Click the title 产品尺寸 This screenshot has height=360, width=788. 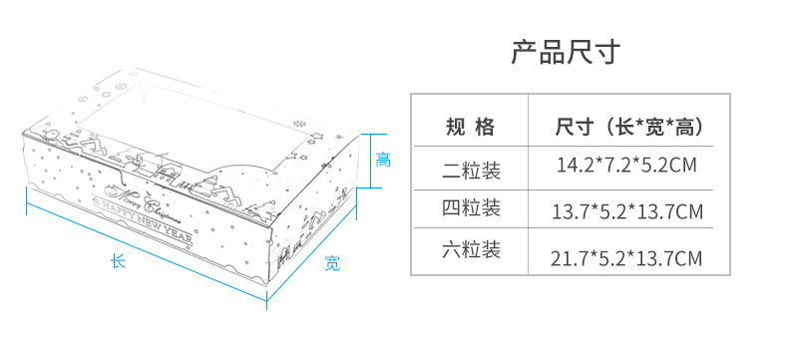pos(566,52)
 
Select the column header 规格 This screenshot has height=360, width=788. pos(471,127)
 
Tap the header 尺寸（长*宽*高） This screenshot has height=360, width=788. pos(629,127)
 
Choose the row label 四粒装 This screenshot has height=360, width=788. pos(472,207)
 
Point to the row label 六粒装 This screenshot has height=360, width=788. pos(472,249)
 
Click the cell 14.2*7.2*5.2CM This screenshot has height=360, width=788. pos(626,165)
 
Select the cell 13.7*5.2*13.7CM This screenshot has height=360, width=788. pos(627,211)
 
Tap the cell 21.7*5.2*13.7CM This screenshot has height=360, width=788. pos(626,258)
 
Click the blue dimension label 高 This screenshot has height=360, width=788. pos(383,161)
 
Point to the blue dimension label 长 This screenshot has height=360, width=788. pos(118,260)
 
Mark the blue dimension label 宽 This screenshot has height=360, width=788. pos(332,262)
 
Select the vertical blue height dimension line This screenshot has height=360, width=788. pos(371,161)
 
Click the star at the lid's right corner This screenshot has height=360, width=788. pos(315,136)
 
